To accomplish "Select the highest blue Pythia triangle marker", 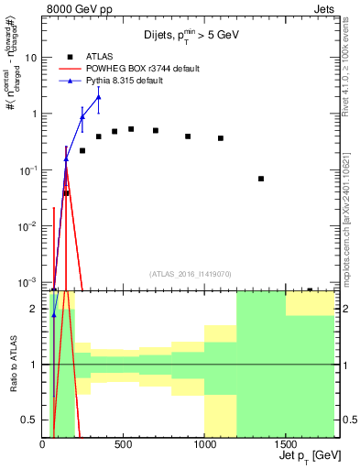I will click(x=99, y=97).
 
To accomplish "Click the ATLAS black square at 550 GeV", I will click(x=131, y=129).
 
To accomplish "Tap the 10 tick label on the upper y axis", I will click(x=31, y=57).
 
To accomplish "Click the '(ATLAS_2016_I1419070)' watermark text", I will click(x=189, y=273).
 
